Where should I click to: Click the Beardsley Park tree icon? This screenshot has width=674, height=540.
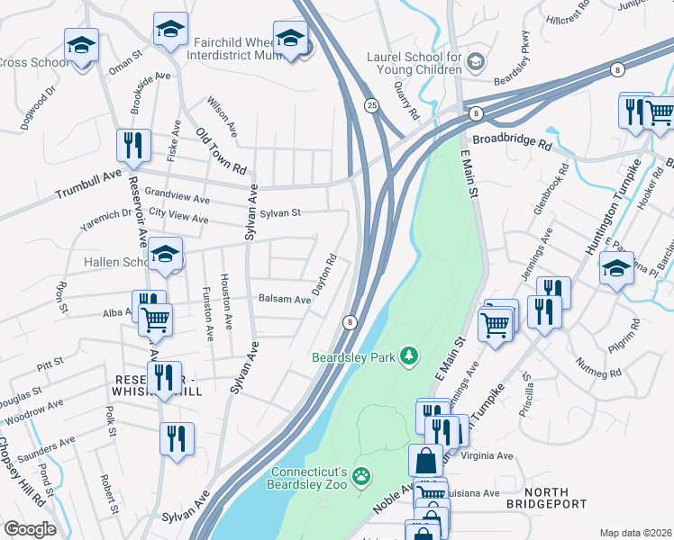tap(410, 357)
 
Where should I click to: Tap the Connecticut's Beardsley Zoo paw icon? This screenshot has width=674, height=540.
tap(361, 475)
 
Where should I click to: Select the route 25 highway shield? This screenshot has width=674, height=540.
tap(370, 105)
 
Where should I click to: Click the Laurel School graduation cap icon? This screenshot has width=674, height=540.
tap(476, 62)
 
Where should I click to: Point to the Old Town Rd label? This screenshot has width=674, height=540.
tap(221, 150)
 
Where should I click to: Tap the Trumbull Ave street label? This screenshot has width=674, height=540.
tap(87, 187)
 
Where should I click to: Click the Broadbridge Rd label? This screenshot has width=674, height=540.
tap(511, 142)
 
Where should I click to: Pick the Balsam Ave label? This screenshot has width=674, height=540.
tap(284, 299)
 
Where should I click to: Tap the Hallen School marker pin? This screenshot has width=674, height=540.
tap(165, 256)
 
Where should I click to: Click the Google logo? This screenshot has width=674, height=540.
tap(30, 529)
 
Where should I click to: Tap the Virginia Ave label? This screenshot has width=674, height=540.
tap(487, 456)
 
